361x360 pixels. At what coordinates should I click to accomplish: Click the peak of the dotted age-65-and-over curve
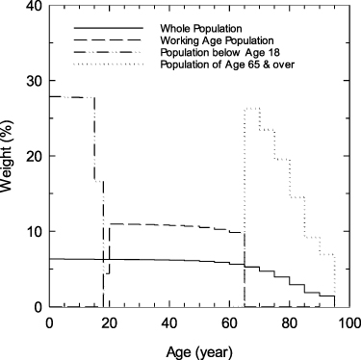[x=252, y=109]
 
